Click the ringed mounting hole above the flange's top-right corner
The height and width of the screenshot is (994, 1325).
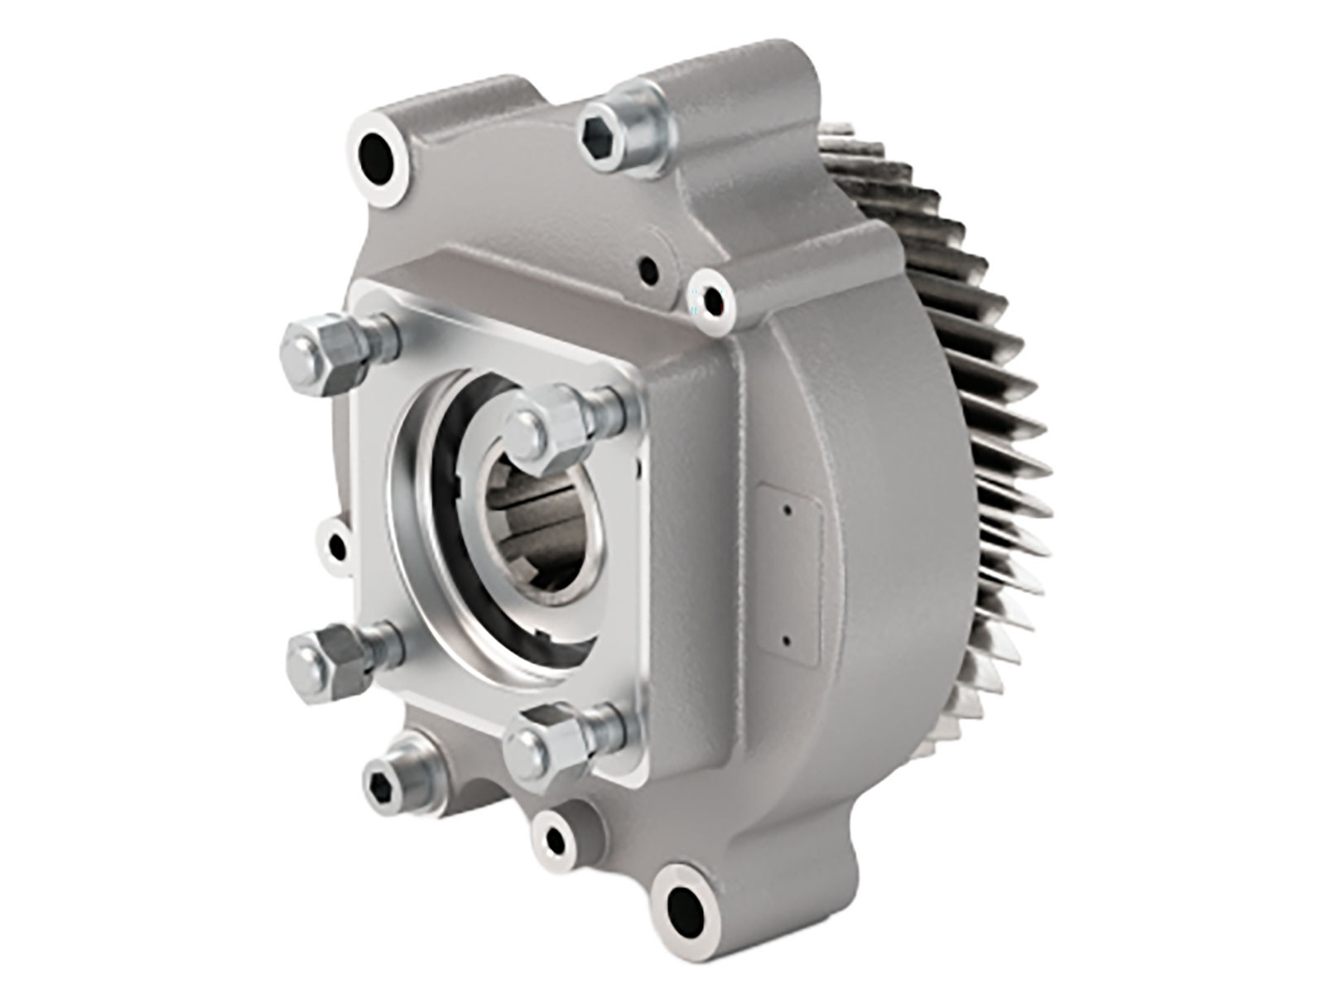(711, 295)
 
